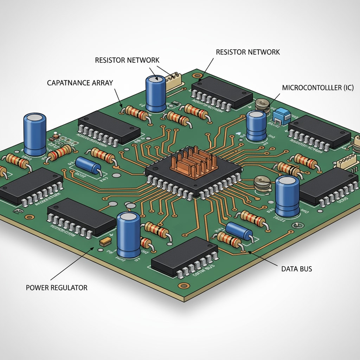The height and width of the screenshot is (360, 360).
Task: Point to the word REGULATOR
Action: pos(69,288)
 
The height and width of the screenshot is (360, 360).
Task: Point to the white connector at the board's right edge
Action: pos(347,162)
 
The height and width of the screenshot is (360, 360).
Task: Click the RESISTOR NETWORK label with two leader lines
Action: pos(127,60)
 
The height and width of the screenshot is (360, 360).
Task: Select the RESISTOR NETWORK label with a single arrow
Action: pos(248,52)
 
